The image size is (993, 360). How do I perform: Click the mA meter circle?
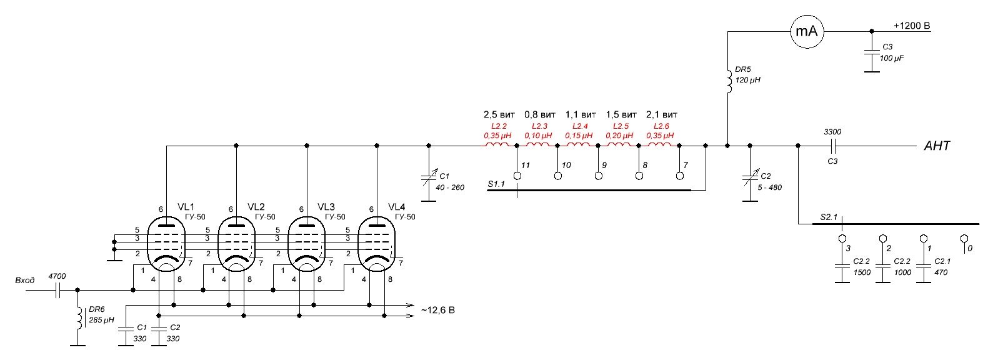pyautogui.click(x=807, y=31)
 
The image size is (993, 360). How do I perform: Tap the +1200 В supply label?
pyautogui.click(x=912, y=26)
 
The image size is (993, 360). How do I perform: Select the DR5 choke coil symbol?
pyautogui.click(x=729, y=81)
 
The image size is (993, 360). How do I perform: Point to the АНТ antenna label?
pyautogui.click(x=937, y=146)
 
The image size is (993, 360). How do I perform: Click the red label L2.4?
pyautogui.click(x=580, y=126)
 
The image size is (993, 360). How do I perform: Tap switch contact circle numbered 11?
pyautogui.click(x=517, y=176)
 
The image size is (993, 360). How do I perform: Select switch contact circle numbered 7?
pyautogui.click(x=680, y=176)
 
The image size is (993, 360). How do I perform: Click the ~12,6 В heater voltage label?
pyautogui.click(x=438, y=310)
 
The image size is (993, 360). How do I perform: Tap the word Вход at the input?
pyautogui.click(x=25, y=280)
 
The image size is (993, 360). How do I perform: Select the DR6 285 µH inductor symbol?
pyautogui.click(x=80, y=318)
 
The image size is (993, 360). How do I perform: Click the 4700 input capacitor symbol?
pyautogui.click(x=57, y=291)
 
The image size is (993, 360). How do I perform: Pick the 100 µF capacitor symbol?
pyautogui.click(x=872, y=52)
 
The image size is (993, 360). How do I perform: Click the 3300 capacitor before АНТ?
pyautogui.click(x=833, y=146)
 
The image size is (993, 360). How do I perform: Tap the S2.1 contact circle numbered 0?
pyautogui.click(x=964, y=239)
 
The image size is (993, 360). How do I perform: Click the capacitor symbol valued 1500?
pyautogui.click(x=842, y=267)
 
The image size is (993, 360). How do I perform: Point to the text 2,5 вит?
pyautogui.click(x=499, y=115)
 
